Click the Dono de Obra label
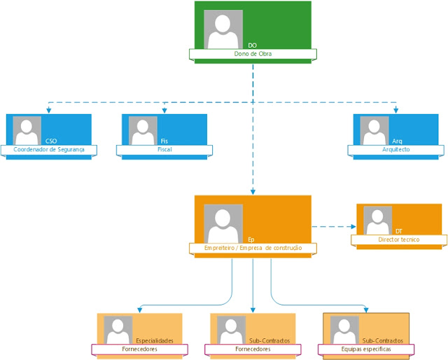(x=252, y=54)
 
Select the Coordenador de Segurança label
(x=48, y=150)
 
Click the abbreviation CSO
(x=51, y=141)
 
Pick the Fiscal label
(x=164, y=150)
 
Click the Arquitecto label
(x=396, y=150)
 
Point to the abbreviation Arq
(x=397, y=141)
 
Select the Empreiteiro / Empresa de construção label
(x=252, y=248)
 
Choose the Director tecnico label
(x=399, y=240)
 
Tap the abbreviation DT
(x=398, y=231)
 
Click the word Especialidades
(x=154, y=340)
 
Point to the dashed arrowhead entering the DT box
(x=353, y=226)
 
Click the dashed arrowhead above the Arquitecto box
(x=396, y=110)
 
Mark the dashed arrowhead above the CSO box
(x=48, y=110)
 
